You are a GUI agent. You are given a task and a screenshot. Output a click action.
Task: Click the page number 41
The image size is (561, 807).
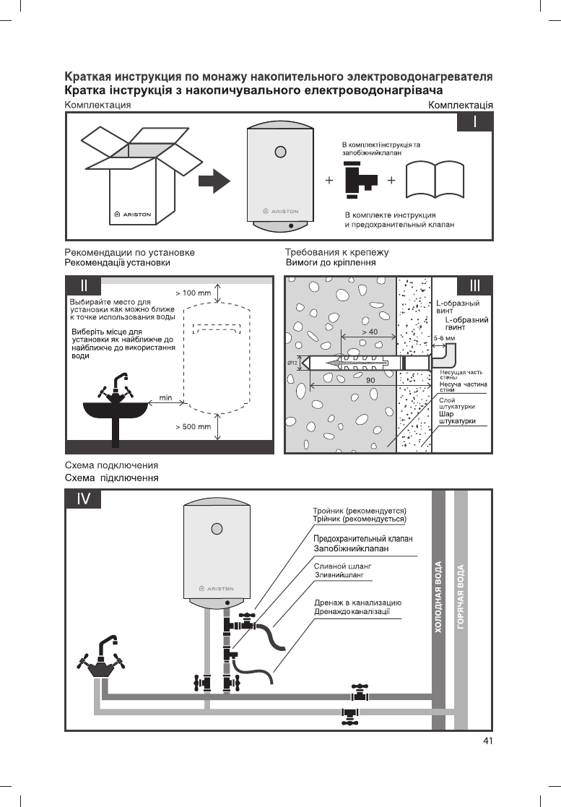[488, 741]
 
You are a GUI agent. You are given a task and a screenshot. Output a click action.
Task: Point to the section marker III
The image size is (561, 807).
[475, 285]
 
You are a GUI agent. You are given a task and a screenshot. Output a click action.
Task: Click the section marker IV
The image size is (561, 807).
[84, 499]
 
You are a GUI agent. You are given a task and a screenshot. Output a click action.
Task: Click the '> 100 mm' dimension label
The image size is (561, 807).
[193, 293]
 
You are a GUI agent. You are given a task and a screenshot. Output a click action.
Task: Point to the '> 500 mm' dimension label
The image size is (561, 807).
[193, 427]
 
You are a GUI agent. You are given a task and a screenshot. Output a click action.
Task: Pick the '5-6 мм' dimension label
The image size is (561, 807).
[444, 337]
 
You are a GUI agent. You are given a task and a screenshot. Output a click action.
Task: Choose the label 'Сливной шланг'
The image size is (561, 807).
[342, 566]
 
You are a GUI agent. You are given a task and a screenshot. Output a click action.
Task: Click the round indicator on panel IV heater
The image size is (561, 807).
[217, 527]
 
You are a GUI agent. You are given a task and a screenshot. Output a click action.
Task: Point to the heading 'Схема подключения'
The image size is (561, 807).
[111, 465]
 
